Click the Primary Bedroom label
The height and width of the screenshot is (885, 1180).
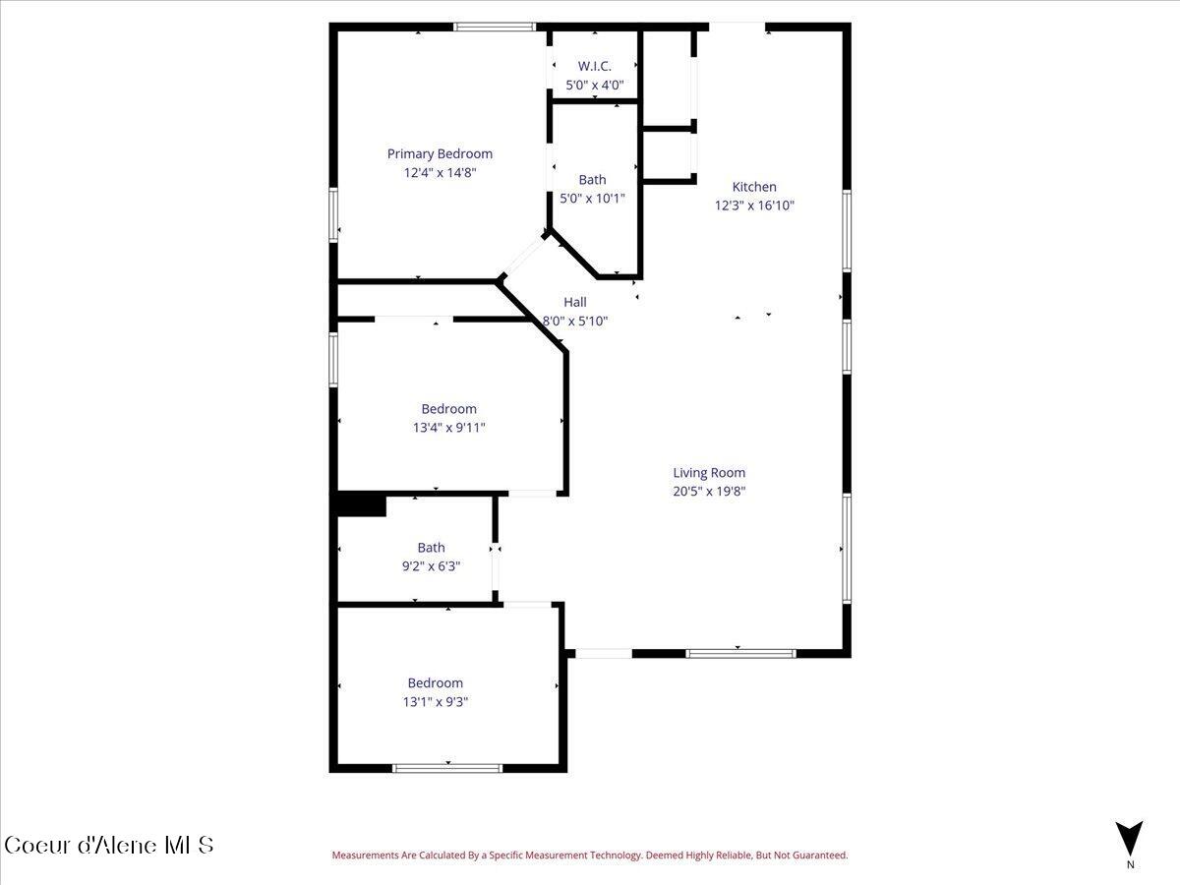click(x=440, y=153)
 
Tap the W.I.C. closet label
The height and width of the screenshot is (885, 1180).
click(x=594, y=66)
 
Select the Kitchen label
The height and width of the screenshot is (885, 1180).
click(x=754, y=187)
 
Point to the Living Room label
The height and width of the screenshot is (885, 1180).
click(x=709, y=473)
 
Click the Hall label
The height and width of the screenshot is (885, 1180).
click(x=575, y=302)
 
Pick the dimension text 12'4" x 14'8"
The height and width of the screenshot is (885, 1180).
click(x=440, y=173)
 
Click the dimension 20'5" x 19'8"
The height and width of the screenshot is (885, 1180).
click(x=709, y=492)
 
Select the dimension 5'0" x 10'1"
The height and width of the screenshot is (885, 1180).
click(x=592, y=199)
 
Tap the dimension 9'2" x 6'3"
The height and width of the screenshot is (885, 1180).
click(x=431, y=566)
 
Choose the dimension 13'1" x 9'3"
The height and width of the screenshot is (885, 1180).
click(x=436, y=702)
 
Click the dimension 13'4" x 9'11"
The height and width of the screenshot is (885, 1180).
click(x=449, y=428)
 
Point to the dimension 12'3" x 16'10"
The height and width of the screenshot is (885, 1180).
click(x=754, y=206)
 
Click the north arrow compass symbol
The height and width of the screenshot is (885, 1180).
click(x=1130, y=839)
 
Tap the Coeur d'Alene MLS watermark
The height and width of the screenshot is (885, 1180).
click(x=108, y=845)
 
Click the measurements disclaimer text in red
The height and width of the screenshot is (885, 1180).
click(x=589, y=855)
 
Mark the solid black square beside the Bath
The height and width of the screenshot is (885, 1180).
click(x=361, y=504)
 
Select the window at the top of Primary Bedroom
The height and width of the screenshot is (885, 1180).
click(x=495, y=28)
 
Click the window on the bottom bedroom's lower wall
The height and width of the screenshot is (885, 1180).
click(x=447, y=767)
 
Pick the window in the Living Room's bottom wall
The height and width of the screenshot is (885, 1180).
click(x=740, y=652)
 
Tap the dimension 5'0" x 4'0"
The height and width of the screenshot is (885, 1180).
click(x=594, y=86)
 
